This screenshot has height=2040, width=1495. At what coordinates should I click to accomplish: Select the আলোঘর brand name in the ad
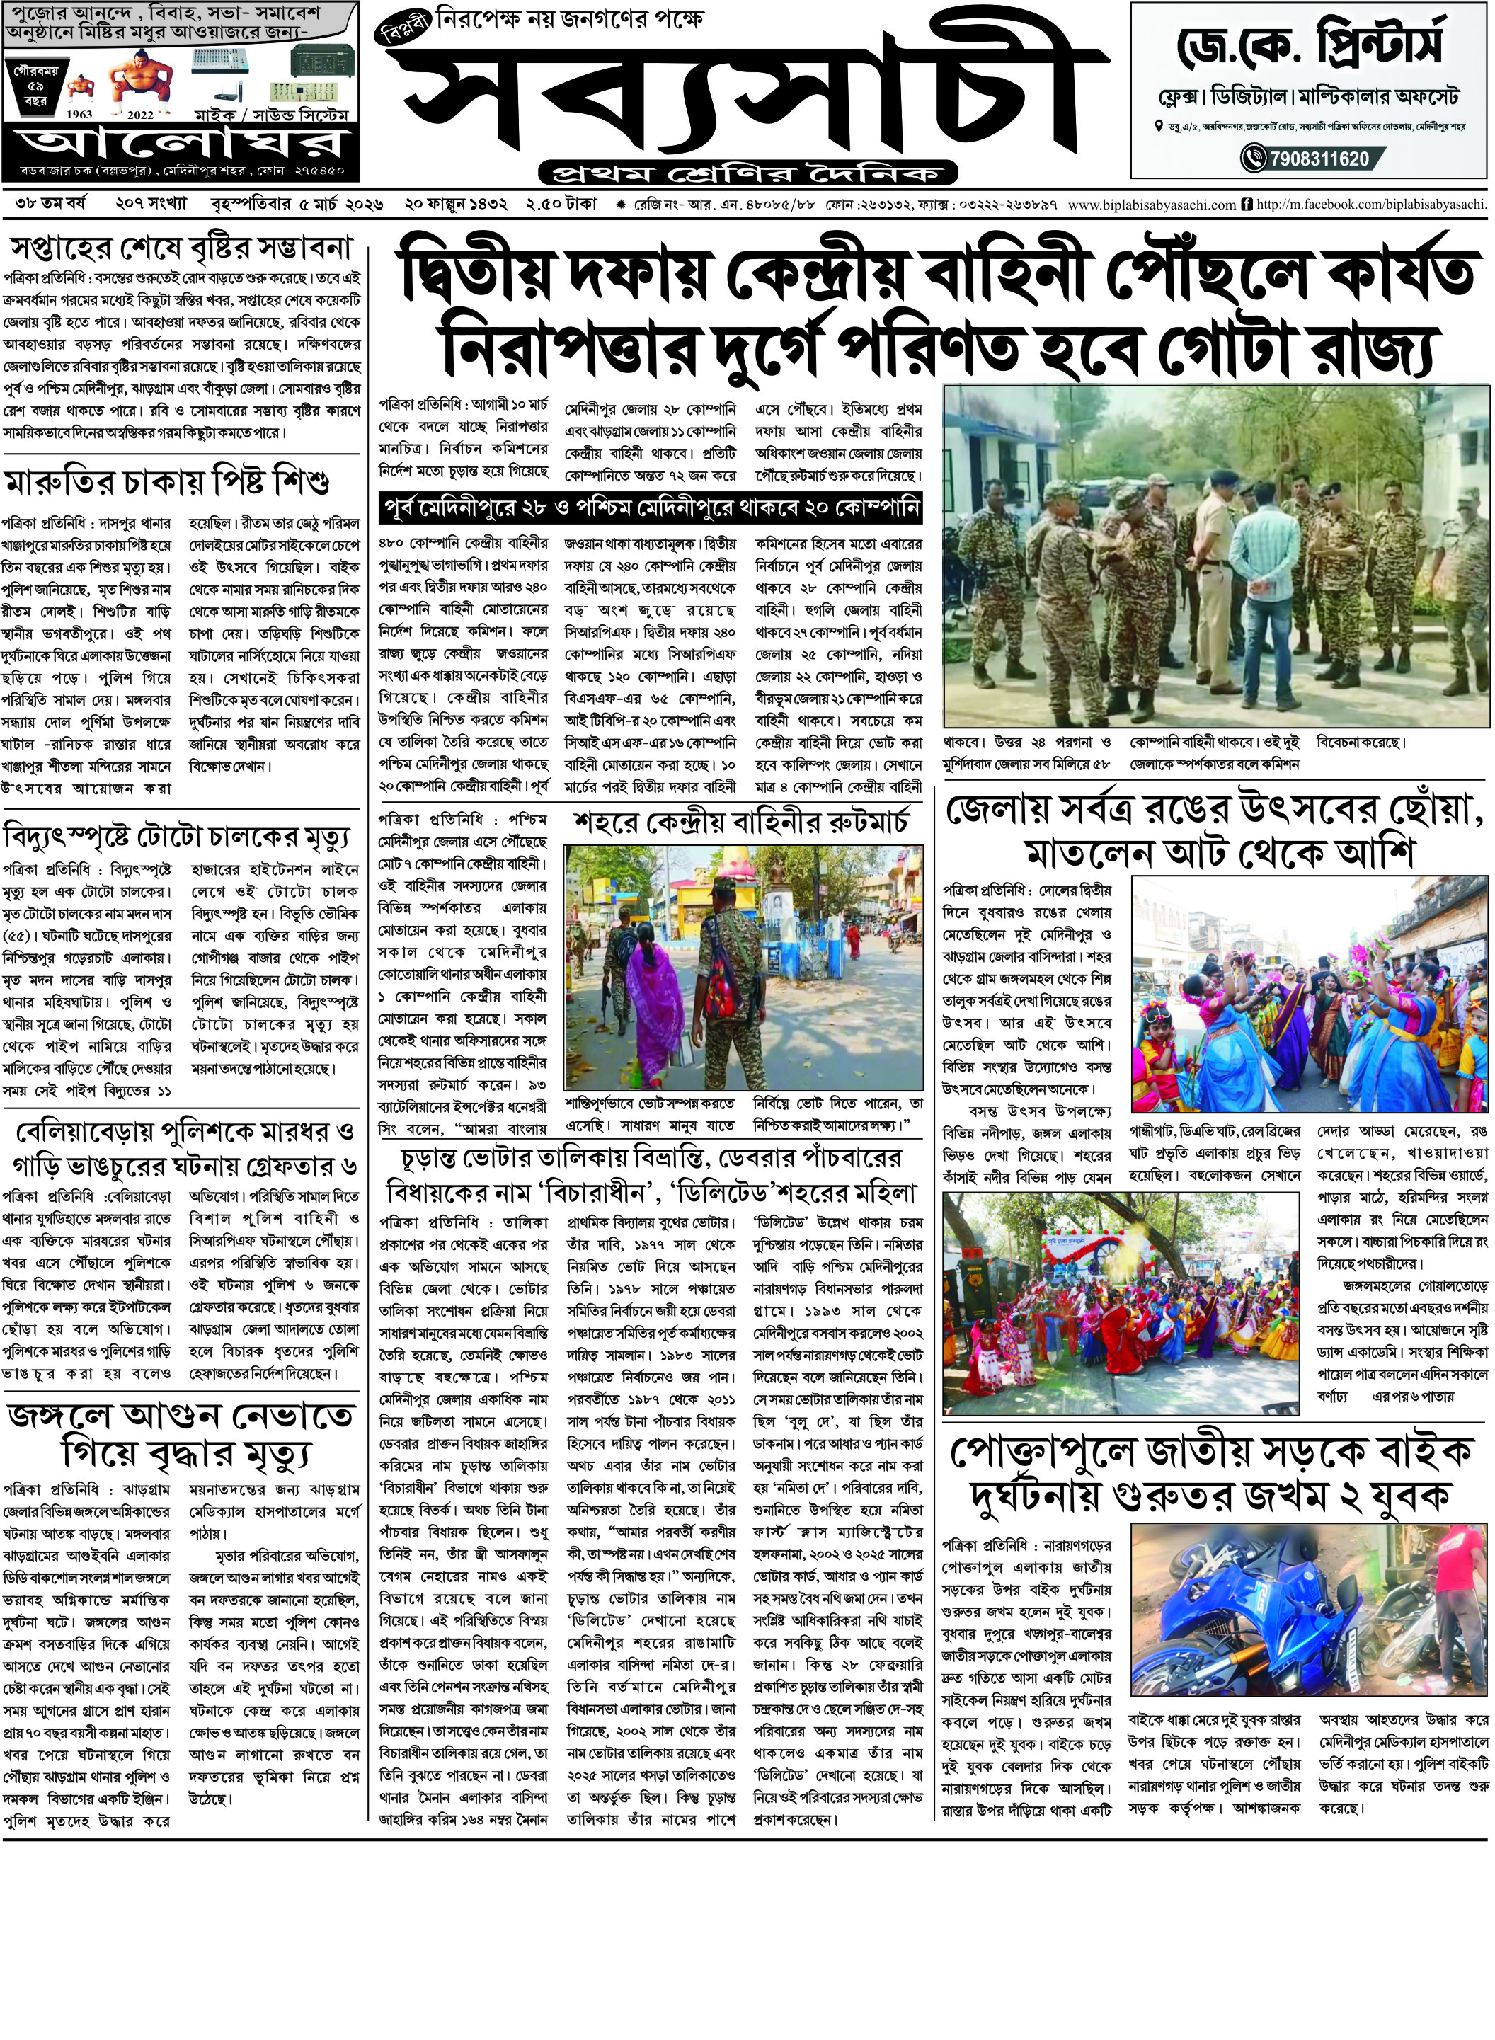(181, 144)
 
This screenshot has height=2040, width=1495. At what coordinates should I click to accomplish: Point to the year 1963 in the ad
(80, 115)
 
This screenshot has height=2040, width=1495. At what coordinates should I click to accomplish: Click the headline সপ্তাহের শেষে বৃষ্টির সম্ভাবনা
(181, 247)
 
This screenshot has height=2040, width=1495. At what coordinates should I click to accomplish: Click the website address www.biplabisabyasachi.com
(1151, 205)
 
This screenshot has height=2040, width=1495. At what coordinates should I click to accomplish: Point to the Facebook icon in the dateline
(1248, 205)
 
